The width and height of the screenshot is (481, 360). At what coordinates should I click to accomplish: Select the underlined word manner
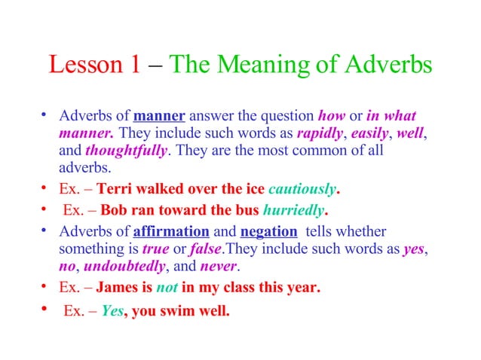tap(159, 117)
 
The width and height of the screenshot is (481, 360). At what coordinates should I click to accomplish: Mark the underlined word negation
tap(268, 230)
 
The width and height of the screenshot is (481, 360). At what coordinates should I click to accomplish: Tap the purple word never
tap(219, 265)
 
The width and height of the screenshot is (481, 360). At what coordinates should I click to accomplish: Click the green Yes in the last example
tap(112, 310)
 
